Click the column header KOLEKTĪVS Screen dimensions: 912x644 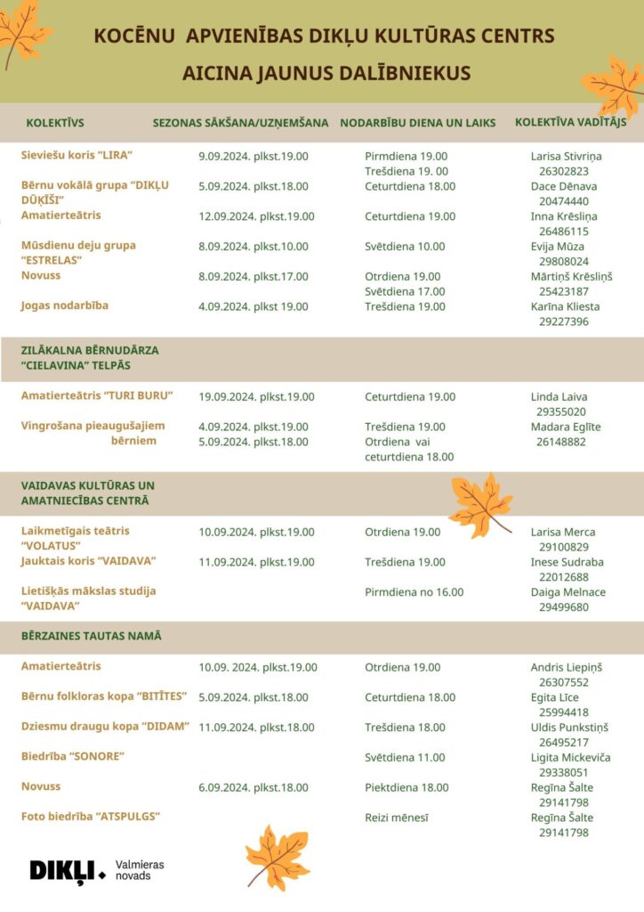tap(55, 123)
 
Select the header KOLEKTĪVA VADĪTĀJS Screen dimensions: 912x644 tap(570, 122)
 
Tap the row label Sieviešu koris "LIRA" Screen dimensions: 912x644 tap(76, 156)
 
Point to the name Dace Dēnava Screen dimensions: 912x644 tap(564, 186)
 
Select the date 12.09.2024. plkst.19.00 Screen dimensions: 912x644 tap(254, 216)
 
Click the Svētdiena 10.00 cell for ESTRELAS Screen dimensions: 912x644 tap(405, 247)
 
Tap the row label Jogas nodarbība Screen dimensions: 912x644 tap(65, 306)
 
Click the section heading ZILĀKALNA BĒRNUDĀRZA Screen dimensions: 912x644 tap(90, 351)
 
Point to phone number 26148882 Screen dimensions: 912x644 tap(560, 442)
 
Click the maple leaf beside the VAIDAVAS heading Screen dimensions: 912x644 tap(480, 504)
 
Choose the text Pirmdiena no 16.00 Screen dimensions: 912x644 tap(414, 592)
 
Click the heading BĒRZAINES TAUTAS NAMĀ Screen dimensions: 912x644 tap(91, 637)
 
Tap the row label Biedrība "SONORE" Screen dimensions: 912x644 tap(72, 757)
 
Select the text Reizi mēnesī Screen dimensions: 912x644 tap(396, 818)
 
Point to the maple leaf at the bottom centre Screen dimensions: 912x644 tap(277, 857)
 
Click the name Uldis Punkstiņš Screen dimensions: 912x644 tap(569, 728)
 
